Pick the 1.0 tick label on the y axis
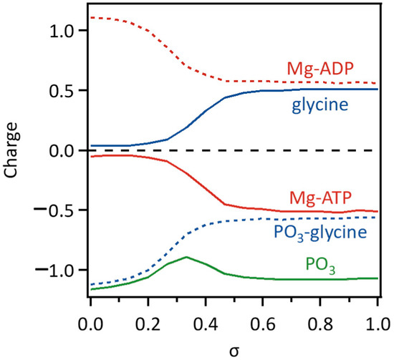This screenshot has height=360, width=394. coord(61,31)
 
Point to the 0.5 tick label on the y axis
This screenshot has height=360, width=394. coord(61,91)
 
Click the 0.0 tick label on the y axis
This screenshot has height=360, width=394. coord(61,151)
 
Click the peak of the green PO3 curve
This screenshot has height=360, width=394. coord(186,257)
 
